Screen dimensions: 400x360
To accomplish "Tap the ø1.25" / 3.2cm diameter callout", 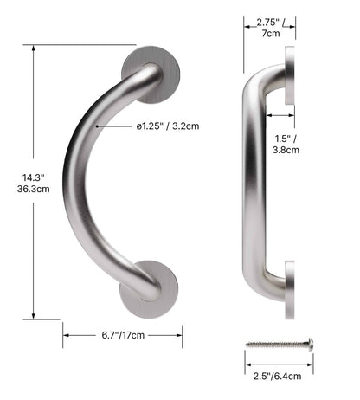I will coord(168,126).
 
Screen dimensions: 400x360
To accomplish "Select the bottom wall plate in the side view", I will coord(289,286).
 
